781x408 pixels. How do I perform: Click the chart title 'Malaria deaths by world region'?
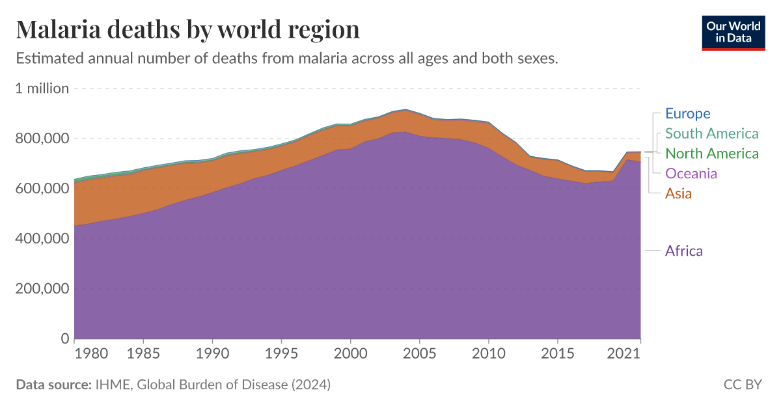[x=187, y=29]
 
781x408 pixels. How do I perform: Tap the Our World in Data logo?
[x=733, y=33]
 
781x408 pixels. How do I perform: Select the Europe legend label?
[x=687, y=113]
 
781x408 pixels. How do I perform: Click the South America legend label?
[x=711, y=133]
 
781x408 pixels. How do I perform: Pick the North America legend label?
[x=711, y=154]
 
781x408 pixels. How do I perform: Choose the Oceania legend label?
[x=691, y=174]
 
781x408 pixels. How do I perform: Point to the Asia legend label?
[x=678, y=194]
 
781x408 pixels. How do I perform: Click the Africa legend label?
[x=683, y=251]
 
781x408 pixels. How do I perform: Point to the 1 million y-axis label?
[x=42, y=88]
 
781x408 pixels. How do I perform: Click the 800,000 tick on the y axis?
[x=42, y=139]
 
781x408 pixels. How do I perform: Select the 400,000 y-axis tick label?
[x=42, y=239]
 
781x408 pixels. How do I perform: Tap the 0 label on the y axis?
[x=64, y=338]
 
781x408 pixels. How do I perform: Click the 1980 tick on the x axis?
[x=91, y=353]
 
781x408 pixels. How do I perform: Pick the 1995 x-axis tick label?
[x=281, y=353]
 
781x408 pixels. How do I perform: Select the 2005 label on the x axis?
[x=420, y=353]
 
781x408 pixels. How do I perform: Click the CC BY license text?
[x=743, y=385]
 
